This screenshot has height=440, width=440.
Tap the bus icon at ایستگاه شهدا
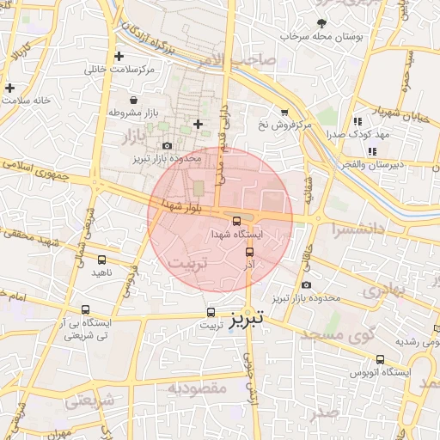(x=237, y=220)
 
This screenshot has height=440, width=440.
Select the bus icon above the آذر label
(x=250, y=252)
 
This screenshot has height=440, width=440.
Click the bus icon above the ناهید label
(x=102, y=259)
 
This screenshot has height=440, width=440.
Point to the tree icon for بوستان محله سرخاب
(x=321, y=23)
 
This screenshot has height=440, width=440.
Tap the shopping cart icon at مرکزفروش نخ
(x=284, y=112)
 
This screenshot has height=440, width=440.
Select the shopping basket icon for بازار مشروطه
(x=132, y=100)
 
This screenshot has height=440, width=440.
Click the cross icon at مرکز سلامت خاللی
(x=131, y=56)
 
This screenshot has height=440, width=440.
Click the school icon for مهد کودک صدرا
(x=357, y=121)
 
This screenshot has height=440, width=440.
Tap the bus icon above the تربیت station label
(x=211, y=313)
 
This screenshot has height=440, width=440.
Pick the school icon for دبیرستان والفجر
(x=372, y=151)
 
